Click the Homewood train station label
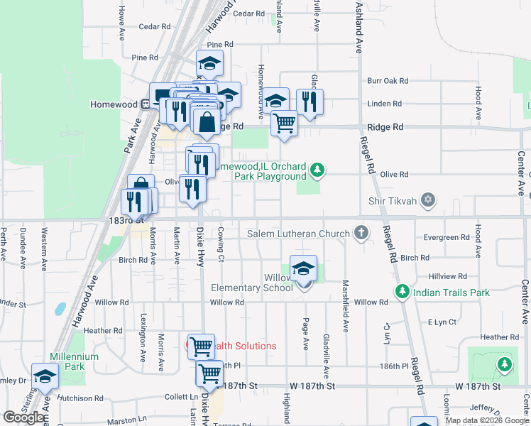(x=113, y=104)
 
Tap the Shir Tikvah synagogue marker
(x=427, y=200)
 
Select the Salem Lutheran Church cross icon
(x=361, y=233)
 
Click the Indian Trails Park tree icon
(x=402, y=292)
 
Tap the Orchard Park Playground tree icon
(x=318, y=170)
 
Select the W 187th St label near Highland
(x=312, y=386)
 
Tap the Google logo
(x=23, y=417)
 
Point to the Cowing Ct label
(x=221, y=244)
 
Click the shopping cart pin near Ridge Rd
(x=284, y=123)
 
